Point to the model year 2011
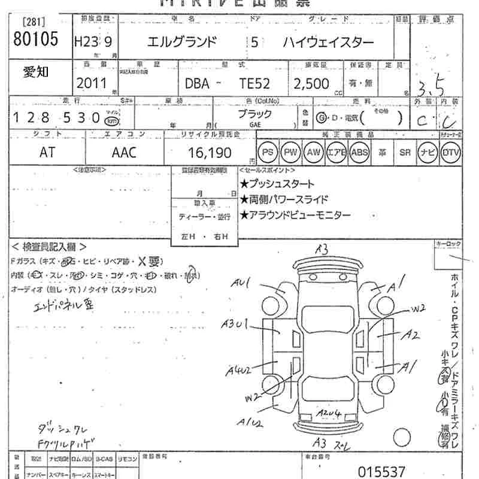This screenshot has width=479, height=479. [91, 83]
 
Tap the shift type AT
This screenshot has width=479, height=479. [47, 153]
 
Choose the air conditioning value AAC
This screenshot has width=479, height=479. [124, 153]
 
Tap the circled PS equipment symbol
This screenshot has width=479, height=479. [268, 153]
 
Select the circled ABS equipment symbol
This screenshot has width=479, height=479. [359, 153]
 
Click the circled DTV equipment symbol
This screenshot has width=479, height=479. [451, 153]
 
